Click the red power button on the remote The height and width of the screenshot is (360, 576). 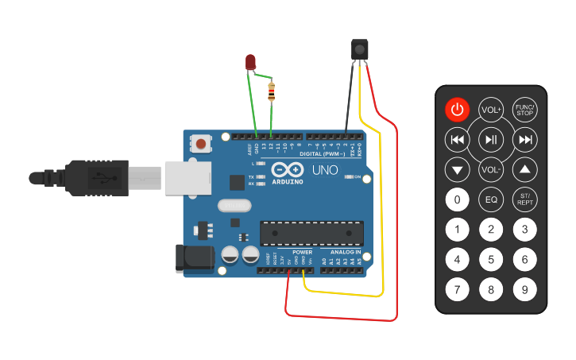coord(457,110)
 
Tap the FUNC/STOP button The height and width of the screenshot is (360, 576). coord(524,110)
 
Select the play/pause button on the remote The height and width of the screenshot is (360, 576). coord(491,141)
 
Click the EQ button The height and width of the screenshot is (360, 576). coord(491,199)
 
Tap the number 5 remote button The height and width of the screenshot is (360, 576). coord(491,259)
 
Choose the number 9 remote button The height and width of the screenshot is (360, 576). coord(524,289)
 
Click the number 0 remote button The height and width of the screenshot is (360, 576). coord(457,199)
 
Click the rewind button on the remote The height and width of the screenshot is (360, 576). coord(457,141)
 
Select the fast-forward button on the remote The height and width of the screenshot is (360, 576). coord(524,141)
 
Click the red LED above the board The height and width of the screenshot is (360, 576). coord(250,62)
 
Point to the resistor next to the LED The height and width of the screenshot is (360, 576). coord(273,91)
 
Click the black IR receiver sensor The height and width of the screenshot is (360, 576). coord(360,48)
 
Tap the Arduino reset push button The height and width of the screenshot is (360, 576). coord(203,144)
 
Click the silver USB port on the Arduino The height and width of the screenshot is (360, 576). coord(185,177)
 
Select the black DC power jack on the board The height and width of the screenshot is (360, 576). coord(195,257)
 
